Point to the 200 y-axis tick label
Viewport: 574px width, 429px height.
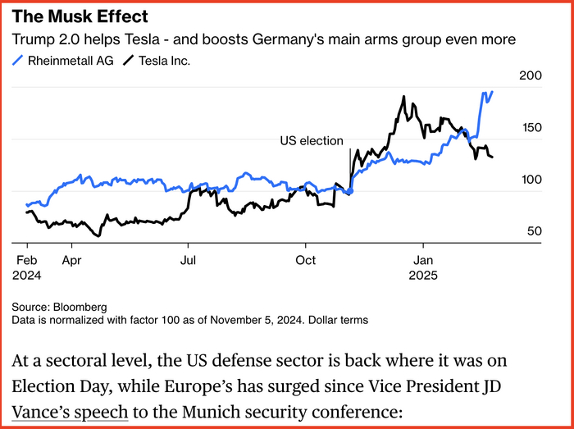point(532,75)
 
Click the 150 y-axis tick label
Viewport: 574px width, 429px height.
point(532,128)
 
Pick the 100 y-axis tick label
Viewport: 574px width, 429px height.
point(532,180)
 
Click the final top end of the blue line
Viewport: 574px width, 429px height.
point(492,92)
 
